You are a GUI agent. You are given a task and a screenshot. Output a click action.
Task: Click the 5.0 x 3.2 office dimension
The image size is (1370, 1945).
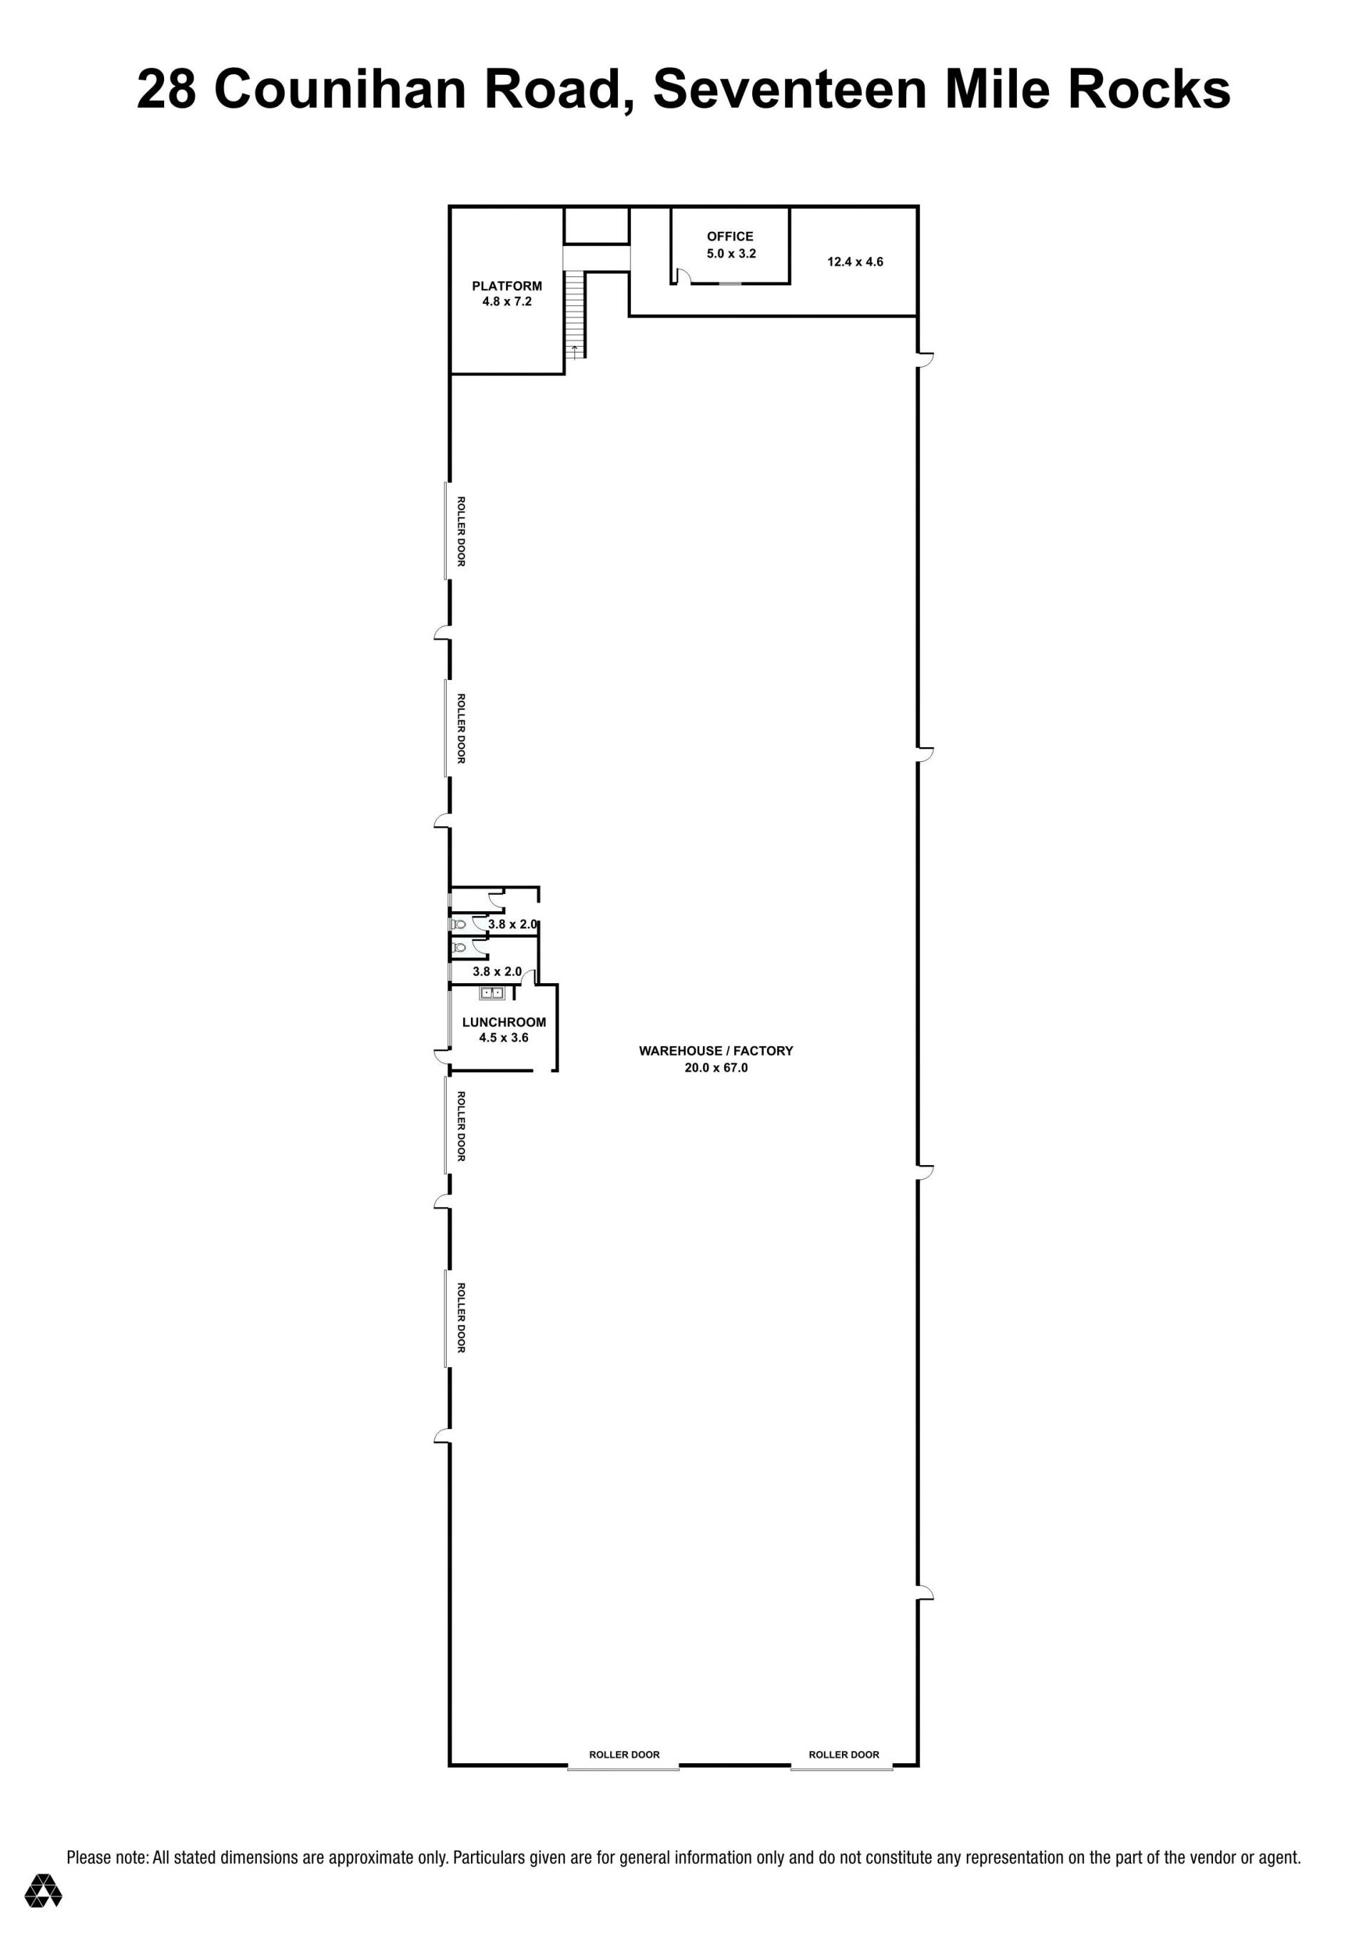(x=731, y=253)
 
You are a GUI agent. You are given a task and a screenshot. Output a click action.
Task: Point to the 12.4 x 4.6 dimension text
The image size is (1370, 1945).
(x=855, y=262)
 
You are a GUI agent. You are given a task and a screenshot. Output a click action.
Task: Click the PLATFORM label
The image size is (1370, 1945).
(x=507, y=286)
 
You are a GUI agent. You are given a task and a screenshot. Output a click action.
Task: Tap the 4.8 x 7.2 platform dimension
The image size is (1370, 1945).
(x=507, y=302)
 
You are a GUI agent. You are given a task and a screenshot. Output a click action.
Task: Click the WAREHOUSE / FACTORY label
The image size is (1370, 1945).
(x=716, y=1050)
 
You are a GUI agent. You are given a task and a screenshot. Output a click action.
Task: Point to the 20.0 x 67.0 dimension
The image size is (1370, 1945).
(x=716, y=1067)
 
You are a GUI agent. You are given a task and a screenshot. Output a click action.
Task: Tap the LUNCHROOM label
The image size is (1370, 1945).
(x=504, y=1022)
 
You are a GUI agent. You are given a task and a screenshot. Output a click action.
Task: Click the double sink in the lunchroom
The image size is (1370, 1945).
(x=492, y=992)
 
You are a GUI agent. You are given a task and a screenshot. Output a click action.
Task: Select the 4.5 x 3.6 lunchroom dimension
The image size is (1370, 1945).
(x=503, y=1037)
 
